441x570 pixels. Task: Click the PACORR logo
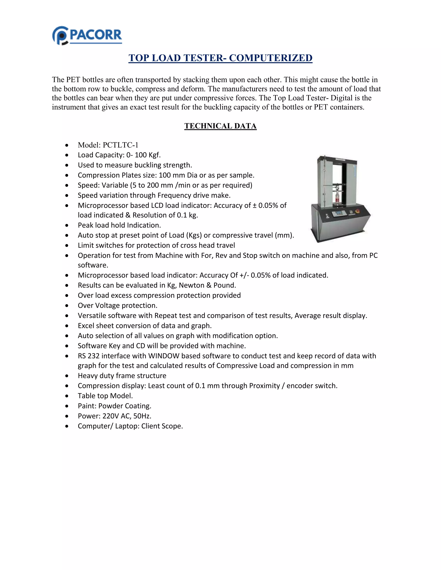click(87, 35)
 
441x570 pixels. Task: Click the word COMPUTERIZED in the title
click(271, 58)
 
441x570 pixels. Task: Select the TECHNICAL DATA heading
click(220, 126)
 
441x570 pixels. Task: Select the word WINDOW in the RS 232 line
click(164, 356)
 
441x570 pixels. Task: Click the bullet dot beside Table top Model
click(67, 396)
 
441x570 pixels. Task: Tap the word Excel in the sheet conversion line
click(87, 326)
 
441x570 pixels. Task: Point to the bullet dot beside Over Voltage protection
click(67, 306)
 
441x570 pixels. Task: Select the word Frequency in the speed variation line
click(174, 196)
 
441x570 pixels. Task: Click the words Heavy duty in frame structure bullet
click(96, 376)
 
